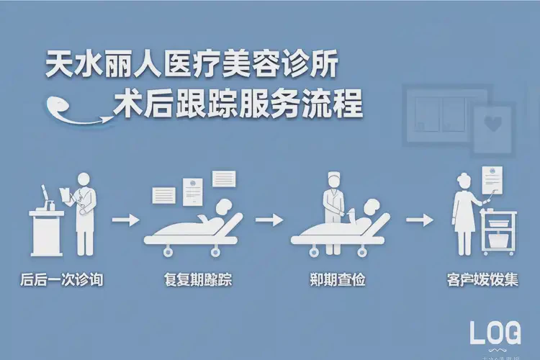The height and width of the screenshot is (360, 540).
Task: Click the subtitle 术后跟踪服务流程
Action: [238, 106]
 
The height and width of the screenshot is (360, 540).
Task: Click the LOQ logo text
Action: [495, 333]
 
